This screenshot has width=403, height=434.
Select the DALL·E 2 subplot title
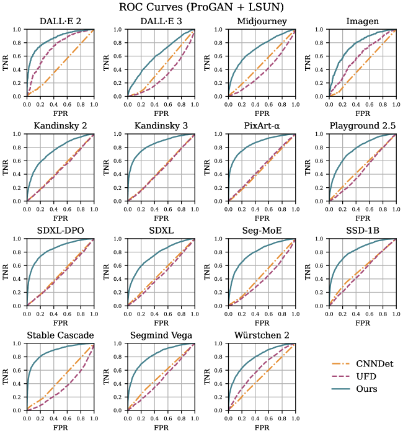[x=60, y=22]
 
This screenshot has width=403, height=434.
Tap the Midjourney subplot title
[x=262, y=22]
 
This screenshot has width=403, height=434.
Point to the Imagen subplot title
[x=363, y=22]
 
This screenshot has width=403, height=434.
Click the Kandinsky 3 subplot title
[x=161, y=127]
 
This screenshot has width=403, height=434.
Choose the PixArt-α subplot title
[x=262, y=127]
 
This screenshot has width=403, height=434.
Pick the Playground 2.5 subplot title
[x=363, y=127]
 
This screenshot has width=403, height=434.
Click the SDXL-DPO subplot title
[x=60, y=231]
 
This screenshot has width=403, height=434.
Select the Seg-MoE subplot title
[x=262, y=231]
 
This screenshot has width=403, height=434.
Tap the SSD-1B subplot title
[x=363, y=231]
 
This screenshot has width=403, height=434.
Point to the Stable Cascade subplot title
[x=60, y=335]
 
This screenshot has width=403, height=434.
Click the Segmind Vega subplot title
[x=161, y=335]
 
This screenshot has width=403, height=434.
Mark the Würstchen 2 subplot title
[x=262, y=335]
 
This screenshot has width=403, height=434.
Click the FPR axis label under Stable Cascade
[x=60, y=428]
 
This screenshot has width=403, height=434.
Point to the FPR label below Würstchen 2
[x=262, y=428]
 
